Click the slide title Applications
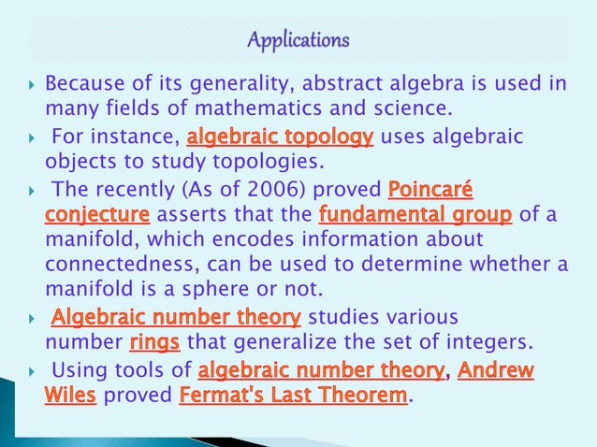coord(298,41)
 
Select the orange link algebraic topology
coord(280,138)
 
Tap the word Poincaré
coord(430,192)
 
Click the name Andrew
coord(495,370)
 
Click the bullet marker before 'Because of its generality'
coord(31,85)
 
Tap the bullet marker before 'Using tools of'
coord(31,371)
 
